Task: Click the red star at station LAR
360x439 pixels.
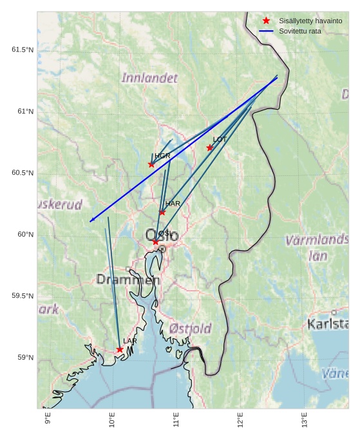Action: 120,349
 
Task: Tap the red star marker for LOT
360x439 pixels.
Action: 210,148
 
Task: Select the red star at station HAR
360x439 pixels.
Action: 162,212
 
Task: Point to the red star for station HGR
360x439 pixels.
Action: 151,164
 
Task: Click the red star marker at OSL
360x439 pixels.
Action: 155,242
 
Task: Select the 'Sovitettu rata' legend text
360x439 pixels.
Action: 300,31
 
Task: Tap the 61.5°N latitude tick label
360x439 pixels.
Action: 23,50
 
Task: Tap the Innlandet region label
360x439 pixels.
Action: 149,78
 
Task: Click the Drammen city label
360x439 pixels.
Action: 128,280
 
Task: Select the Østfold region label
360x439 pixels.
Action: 191,329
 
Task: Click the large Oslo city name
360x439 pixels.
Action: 162,235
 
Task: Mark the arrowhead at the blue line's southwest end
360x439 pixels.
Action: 91,220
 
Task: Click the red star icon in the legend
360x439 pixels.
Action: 266,21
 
